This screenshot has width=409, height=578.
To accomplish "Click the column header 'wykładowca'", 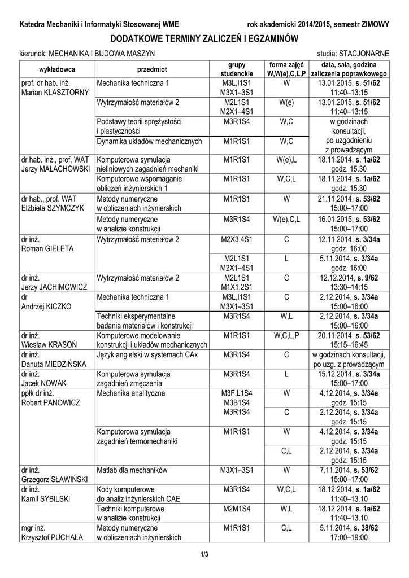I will pos(57,69).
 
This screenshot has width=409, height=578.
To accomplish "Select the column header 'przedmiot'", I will pos(152,69).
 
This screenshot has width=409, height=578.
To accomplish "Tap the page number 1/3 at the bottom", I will pos(204,554).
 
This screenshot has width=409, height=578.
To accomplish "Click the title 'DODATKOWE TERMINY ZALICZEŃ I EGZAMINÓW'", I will pos(204,38).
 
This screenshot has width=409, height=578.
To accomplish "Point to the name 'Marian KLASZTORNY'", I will pos(54,93).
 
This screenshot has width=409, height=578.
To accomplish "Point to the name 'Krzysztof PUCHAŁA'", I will pos(51,537).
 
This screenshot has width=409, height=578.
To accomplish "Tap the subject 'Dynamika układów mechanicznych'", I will pos(150,141).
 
